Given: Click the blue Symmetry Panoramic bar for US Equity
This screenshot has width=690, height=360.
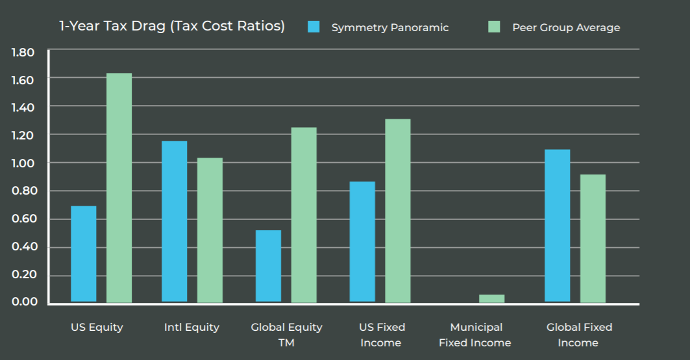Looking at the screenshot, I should tap(83, 254).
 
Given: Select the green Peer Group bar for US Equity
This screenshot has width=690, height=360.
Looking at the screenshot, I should tap(119, 188).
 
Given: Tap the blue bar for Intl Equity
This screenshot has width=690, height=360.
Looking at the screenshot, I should tap(174, 222).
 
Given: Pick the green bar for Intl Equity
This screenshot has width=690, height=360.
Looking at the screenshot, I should tap(210, 230).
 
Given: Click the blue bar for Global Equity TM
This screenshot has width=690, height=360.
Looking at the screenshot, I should tap(268, 267).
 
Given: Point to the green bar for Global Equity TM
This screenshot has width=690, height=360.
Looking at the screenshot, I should tap(304, 215).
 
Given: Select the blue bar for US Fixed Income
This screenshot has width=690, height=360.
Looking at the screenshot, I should tap(362, 242).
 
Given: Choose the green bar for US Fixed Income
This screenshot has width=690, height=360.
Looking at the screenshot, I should tap(397, 211).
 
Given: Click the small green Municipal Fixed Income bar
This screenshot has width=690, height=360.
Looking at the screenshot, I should tap(491, 299).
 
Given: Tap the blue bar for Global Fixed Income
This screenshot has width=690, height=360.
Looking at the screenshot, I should tap(557, 226).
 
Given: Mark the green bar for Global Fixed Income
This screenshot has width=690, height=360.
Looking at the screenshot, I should tap(593, 239).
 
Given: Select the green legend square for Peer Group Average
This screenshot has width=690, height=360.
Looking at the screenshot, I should tap(495, 27).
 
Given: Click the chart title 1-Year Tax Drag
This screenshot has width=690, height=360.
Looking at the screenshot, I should tap(171, 27).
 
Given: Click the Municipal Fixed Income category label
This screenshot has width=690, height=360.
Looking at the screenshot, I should tap(474, 335).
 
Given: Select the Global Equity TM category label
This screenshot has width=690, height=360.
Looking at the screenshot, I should tap(286, 335).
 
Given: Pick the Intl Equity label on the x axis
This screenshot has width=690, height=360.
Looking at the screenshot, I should tap(191, 328).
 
